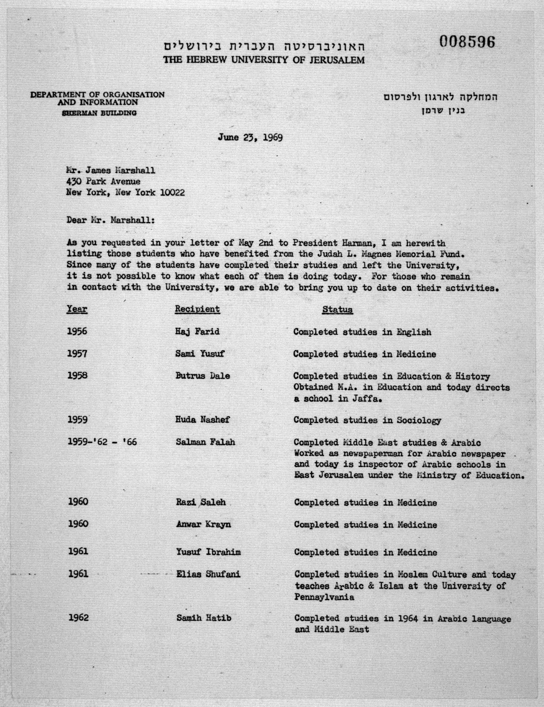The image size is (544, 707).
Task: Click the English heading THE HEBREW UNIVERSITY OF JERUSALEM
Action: tap(264, 60)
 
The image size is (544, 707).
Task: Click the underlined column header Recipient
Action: tap(197, 309)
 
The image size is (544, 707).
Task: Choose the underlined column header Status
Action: tap(337, 310)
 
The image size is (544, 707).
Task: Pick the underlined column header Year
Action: tap(77, 309)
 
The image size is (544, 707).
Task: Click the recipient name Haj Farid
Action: tap(197, 332)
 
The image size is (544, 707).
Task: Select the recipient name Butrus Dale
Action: tap(202, 376)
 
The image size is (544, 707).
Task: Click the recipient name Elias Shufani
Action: tap(208, 574)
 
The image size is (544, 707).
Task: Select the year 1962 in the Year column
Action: tap(78, 618)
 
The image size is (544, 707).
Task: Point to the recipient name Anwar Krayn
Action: tap(203, 524)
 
